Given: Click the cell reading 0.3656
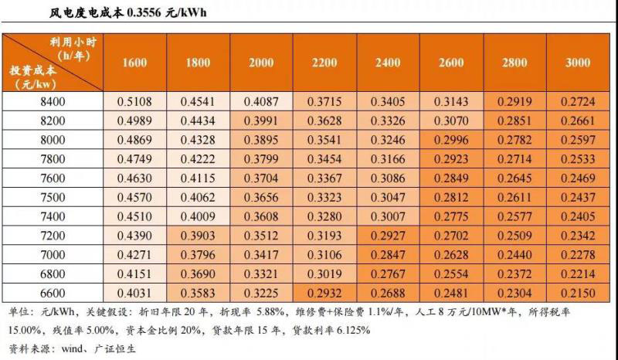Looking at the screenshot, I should coord(261,198).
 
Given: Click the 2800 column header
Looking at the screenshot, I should coord(513,63).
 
